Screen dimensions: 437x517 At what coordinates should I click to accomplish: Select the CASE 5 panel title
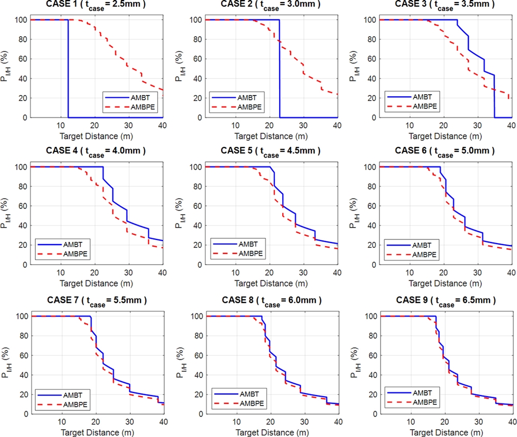point(270,150)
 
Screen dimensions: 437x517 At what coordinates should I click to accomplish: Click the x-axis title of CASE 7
point(97,431)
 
